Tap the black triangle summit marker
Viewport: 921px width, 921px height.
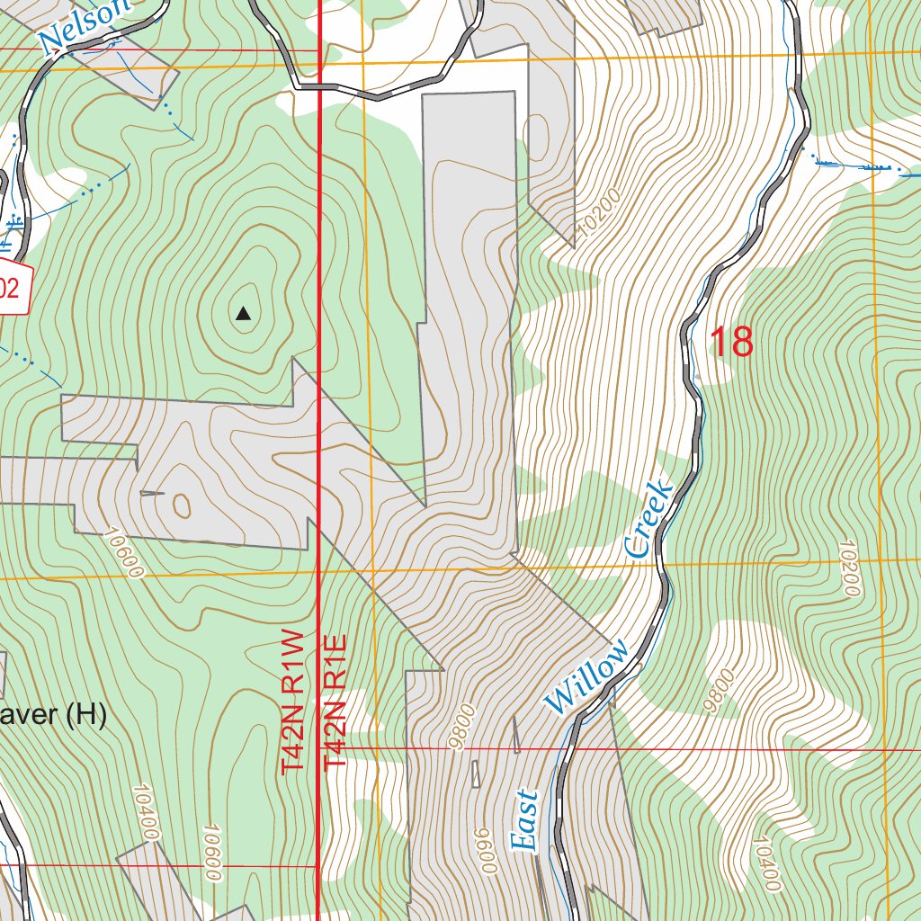pos(243,314)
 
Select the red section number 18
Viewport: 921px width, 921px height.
pos(731,343)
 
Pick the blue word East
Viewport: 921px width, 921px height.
pos(524,819)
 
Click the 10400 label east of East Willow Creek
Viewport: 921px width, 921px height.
pos(766,863)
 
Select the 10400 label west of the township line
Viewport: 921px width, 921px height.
pos(146,811)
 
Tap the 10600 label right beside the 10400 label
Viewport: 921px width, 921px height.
pos(213,852)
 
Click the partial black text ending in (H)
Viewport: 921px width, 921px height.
pos(53,716)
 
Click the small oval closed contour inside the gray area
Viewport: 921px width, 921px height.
pos(181,505)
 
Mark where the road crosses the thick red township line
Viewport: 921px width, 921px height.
pos(322,87)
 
